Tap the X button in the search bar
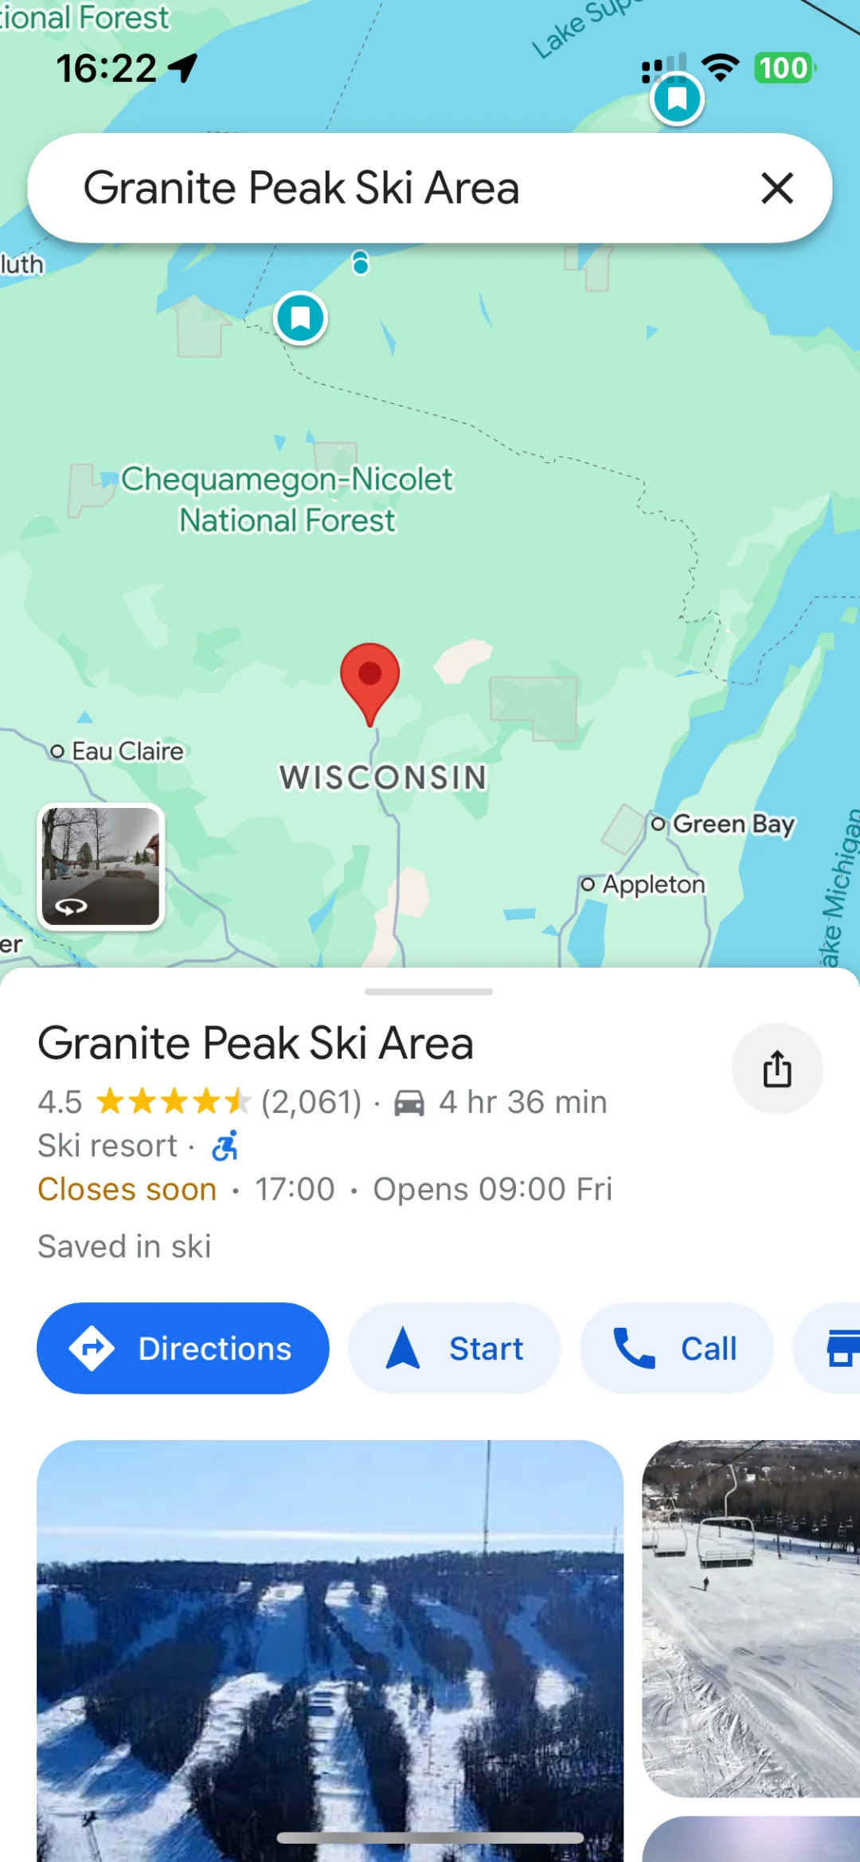[x=776, y=189]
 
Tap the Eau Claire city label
[x=127, y=751]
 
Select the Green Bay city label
[x=733, y=824]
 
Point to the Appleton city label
[x=653, y=884]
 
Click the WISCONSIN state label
[x=383, y=778]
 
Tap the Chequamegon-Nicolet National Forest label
[x=287, y=499]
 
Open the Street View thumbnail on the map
[x=101, y=866]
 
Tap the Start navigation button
[x=455, y=1349]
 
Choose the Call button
[x=676, y=1349]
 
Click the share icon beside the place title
[x=777, y=1068]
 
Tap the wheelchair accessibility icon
[x=225, y=1146]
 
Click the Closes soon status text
[x=127, y=1189]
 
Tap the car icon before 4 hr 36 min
[x=409, y=1103]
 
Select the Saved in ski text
[x=125, y=1247]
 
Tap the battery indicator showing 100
[x=784, y=68]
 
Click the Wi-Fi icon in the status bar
[x=721, y=68]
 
